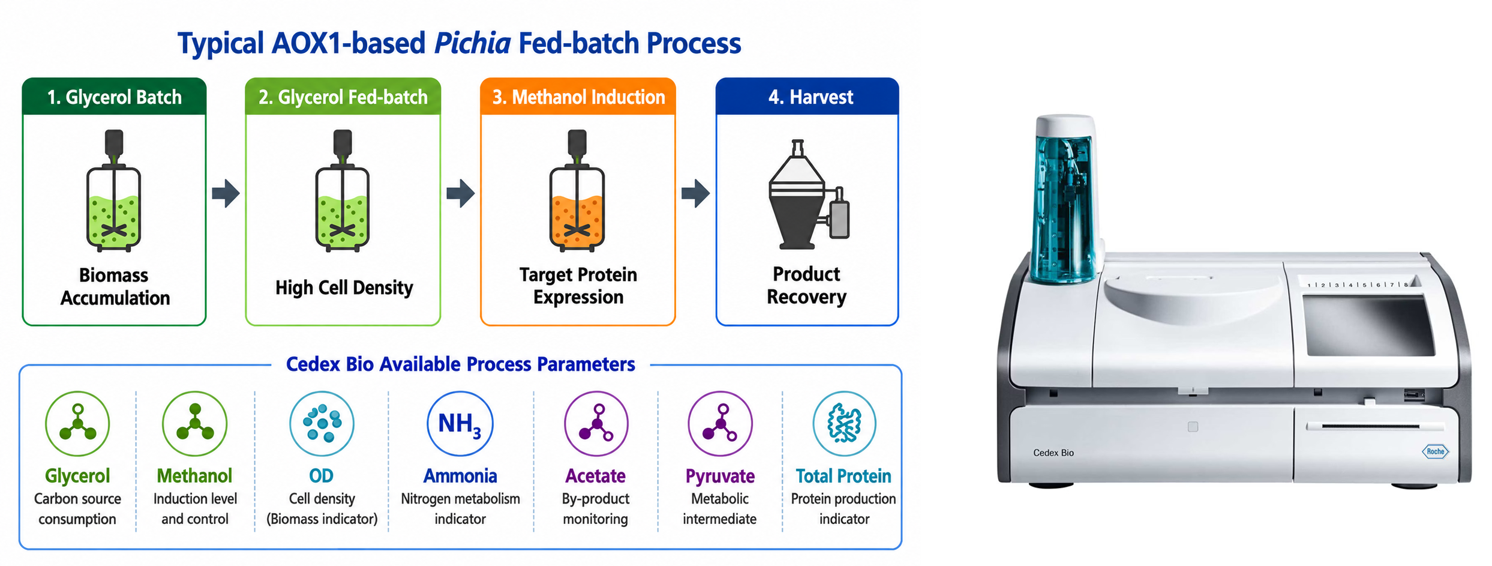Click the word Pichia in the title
472,44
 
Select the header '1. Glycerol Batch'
114,97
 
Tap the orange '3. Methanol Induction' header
578,97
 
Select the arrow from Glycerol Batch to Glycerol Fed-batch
226,193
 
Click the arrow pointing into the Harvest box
695,193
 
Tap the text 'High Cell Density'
344,288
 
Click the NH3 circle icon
460,424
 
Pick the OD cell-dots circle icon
322,424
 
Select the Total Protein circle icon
844,424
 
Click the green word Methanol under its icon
194,476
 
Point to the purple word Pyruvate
720,476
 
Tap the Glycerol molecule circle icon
77,424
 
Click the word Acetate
596,476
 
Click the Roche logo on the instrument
1436,451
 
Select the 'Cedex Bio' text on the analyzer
1053,453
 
